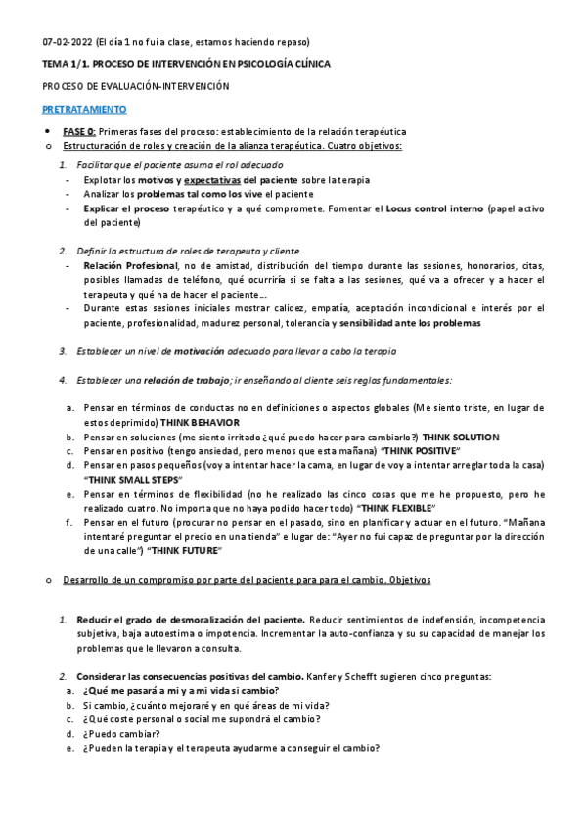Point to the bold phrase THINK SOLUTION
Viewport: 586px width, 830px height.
pyautogui.click(x=461, y=437)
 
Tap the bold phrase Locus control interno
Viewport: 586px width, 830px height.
pyautogui.click(x=434, y=208)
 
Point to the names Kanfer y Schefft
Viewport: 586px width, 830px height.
pyautogui.click(x=347, y=676)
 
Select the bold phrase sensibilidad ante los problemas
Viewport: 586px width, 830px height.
pyautogui.click(x=409, y=322)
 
